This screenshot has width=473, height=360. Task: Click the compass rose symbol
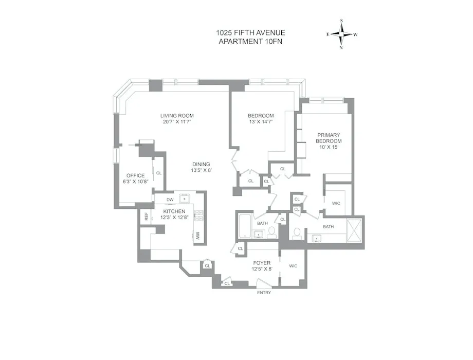pyautogui.click(x=341, y=34)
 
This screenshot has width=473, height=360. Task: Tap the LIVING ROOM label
pyautogui.click(x=177, y=116)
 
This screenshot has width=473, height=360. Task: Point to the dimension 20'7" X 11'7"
pyautogui.click(x=177, y=122)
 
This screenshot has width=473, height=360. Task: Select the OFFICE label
pyautogui.click(x=136, y=175)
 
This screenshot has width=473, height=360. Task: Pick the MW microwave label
pyautogui.click(x=197, y=236)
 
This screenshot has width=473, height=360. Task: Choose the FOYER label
pyautogui.click(x=262, y=263)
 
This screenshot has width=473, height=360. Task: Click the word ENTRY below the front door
pyautogui.click(x=264, y=293)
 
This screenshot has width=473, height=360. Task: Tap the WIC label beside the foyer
pyautogui.click(x=293, y=266)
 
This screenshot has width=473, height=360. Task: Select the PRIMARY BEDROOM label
pyautogui.click(x=328, y=137)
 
